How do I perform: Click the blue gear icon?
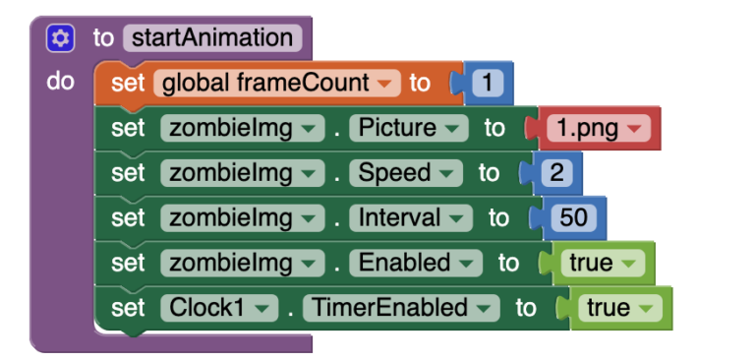click(x=60, y=38)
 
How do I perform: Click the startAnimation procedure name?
click(x=212, y=38)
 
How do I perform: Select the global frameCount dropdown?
click(x=276, y=84)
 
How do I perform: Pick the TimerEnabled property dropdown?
click(x=399, y=308)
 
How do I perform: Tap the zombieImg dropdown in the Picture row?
click(x=242, y=128)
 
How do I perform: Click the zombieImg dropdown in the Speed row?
click(x=242, y=173)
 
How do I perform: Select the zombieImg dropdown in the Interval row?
click(x=242, y=218)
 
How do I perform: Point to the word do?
click(x=60, y=82)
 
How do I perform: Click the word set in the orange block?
click(x=128, y=84)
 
